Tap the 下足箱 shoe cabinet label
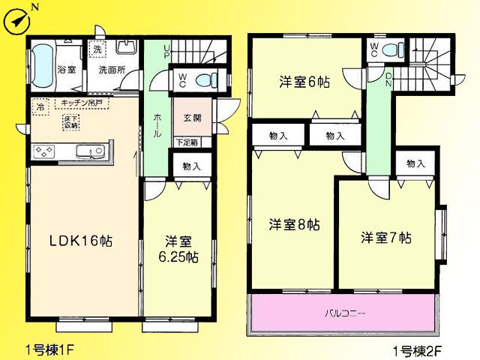point(187,142)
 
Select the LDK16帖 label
point(80,241)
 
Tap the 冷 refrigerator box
point(40,107)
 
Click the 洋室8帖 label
point(295,224)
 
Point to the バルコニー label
point(345,311)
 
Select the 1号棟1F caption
point(50,349)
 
